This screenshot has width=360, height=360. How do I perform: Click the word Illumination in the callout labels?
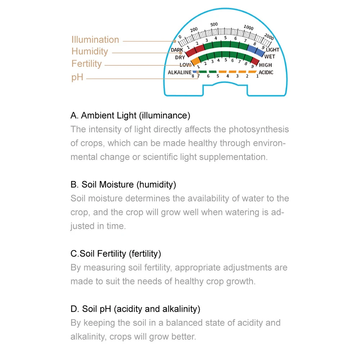pos(95,40)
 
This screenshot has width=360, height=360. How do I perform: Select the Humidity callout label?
pos(90,51)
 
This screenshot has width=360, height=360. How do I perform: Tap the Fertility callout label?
pos(86,64)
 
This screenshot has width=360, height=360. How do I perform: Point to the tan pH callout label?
pos(77,77)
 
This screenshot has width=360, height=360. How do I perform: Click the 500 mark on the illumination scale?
pos(214,24)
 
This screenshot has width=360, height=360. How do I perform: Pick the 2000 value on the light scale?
pos(269,37)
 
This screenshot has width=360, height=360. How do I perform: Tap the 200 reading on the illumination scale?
pos(194,30)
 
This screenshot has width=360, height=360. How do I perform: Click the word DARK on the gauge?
pos(177,50)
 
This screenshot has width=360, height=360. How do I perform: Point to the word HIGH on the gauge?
pos(265,65)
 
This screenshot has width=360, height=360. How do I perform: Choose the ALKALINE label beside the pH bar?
pos(180,73)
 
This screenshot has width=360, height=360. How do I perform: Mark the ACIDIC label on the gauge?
pos(266,73)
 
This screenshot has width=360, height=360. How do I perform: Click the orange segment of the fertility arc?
pos(195,62)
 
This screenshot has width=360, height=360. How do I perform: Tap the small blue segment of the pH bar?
pos(194,72)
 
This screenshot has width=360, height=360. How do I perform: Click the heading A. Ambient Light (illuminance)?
pos(130,116)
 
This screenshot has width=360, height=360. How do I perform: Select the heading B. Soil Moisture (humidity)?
pos(123,185)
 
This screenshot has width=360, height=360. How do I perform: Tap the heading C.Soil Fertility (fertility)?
pos(116,254)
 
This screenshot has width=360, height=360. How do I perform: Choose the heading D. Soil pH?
pos(135,309)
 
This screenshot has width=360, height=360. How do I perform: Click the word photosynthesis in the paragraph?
pos(258,129)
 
